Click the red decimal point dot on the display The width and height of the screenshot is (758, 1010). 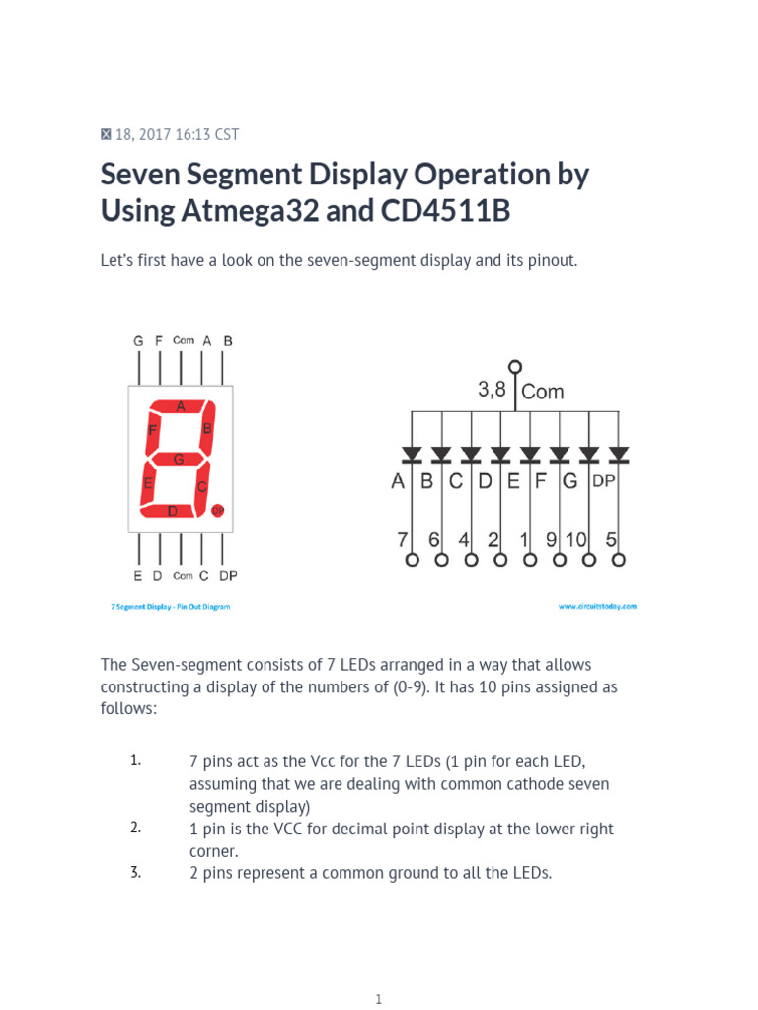[217, 510]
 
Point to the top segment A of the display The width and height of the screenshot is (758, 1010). [180, 405]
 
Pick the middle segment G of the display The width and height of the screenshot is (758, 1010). [179, 459]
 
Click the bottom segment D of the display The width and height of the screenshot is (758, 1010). [173, 510]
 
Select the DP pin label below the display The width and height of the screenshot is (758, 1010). [228, 576]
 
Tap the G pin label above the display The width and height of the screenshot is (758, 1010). [138, 340]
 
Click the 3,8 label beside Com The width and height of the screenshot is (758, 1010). [492, 390]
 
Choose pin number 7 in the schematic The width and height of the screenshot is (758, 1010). [402, 540]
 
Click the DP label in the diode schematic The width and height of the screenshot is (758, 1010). [603, 482]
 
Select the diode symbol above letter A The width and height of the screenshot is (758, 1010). [412, 454]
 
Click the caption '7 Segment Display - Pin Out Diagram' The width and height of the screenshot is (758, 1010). [170, 607]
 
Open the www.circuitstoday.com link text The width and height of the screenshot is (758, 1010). [597, 607]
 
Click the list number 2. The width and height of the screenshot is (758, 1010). [135, 828]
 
